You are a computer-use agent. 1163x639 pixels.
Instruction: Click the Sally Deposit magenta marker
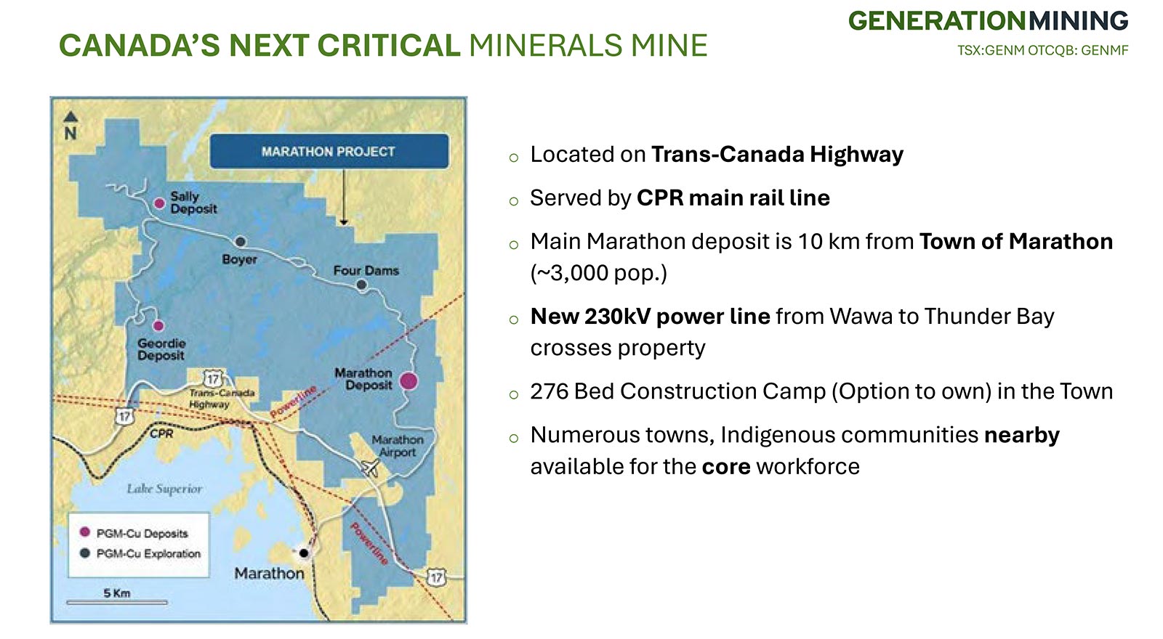(160, 203)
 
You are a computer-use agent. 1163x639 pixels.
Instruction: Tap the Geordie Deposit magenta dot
(158, 326)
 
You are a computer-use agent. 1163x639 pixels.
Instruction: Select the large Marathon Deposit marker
(409, 381)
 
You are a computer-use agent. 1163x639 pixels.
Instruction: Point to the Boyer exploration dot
(241, 242)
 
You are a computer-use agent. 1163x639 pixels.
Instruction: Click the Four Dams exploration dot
(362, 284)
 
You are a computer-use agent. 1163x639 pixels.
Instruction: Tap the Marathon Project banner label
(329, 152)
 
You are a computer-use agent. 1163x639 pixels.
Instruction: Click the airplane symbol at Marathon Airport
(370, 467)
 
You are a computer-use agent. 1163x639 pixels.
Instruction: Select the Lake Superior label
(164, 489)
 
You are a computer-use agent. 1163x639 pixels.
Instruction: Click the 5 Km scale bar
(117, 602)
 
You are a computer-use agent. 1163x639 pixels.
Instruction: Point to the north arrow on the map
(71, 117)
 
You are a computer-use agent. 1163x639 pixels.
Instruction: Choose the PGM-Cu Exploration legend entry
(140, 553)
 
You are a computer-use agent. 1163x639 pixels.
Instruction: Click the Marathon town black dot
(305, 553)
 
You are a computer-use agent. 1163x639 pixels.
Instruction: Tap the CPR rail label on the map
(161, 434)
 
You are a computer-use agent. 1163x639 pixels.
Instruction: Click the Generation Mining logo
(988, 21)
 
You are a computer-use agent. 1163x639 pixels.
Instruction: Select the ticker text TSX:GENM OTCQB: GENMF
(1042, 51)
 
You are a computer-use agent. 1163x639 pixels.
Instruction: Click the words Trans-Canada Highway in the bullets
(777, 155)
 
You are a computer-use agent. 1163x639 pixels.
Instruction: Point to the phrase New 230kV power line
(650, 317)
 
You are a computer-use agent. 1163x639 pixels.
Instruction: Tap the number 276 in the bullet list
(546, 391)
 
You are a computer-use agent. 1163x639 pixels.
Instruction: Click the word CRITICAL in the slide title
(389, 45)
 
